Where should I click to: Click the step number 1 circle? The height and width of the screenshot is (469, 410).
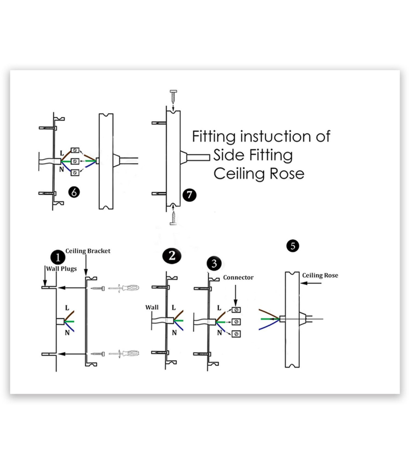58,257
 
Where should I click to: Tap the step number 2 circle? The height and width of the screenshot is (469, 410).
172,256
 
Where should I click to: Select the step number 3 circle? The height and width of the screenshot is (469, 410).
214,264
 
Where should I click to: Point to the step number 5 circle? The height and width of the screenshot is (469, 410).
293,246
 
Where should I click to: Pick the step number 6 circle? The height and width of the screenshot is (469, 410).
74,192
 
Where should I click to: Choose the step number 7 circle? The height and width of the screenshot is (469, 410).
189,195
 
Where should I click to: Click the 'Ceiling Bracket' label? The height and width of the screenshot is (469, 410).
88,251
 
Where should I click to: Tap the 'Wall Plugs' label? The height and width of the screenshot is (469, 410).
61,269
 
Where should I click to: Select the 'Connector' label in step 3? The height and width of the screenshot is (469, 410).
238,278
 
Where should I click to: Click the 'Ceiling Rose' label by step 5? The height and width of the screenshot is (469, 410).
320,276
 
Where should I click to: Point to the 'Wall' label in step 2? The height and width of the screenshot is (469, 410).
152,307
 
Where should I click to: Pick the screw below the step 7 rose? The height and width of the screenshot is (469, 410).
174,218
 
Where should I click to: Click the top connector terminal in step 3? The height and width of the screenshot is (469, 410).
236,310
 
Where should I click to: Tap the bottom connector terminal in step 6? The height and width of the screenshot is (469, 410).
75,172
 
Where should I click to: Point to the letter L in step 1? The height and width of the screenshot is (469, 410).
67,308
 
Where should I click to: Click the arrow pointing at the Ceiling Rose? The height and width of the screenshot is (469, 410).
311,283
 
